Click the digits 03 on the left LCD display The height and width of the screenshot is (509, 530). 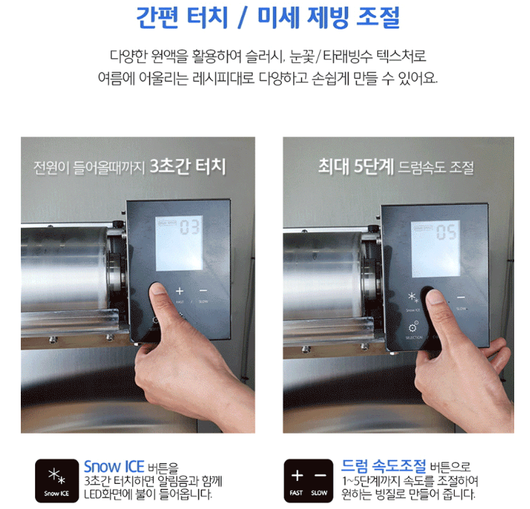pyautogui.click(x=190, y=230)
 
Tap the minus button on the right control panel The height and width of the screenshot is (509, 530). pyautogui.click(x=460, y=296)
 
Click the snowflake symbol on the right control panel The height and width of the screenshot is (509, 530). pyautogui.click(x=412, y=297)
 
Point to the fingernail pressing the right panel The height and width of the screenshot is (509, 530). pyautogui.click(x=435, y=296)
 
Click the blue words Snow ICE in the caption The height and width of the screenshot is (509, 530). pyautogui.click(x=114, y=467)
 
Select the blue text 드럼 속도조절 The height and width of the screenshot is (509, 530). pyautogui.click(x=384, y=467)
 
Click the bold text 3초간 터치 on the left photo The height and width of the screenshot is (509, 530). pyautogui.click(x=188, y=168)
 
